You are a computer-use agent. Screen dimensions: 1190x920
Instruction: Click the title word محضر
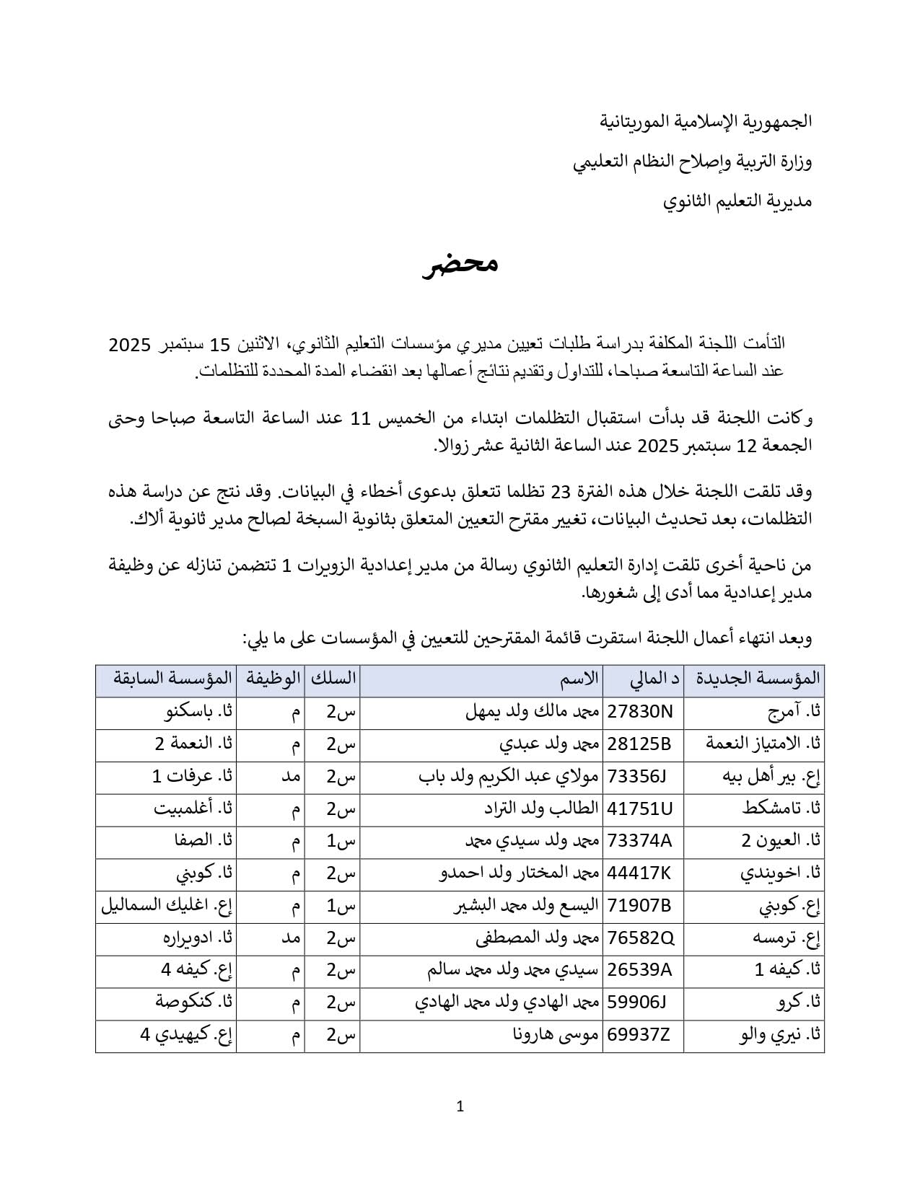click(x=460, y=264)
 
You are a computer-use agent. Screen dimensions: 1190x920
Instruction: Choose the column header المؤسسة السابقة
click(x=172, y=679)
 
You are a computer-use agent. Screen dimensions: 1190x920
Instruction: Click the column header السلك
click(x=333, y=679)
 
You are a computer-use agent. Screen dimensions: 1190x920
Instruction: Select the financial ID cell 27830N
click(x=640, y=713)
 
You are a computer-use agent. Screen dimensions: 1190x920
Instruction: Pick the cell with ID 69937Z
click(x=639, y=1036)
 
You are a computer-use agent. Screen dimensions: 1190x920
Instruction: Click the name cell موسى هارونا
click(x=555, y=1036)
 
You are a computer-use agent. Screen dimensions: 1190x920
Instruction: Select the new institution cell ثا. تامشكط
click(x=781, y=809)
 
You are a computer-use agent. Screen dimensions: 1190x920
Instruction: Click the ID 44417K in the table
click(x=639, y=874)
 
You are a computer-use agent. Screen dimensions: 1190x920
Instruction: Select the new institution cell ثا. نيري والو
click(x=778, y=1036)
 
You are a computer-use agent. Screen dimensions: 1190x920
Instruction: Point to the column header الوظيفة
click(x=271, y=679)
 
